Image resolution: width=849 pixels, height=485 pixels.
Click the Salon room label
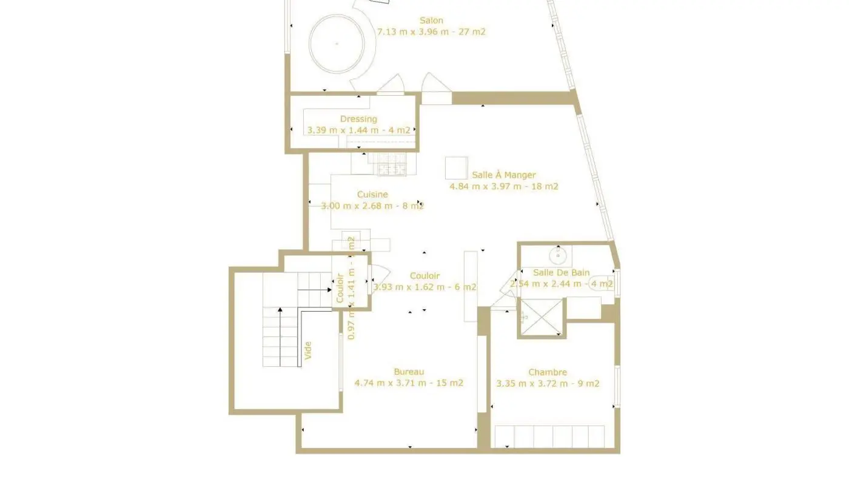click(x=431, y=21)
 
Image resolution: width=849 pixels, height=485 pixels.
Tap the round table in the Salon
click(x=337, y=43)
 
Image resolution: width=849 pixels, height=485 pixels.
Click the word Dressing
click(x=358, y=119)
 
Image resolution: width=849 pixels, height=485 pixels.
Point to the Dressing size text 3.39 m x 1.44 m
click(x=358, y=130)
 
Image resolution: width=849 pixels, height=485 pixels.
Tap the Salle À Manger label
click(x=503, y=175)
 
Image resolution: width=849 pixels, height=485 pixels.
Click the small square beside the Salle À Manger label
click(x=456, y=168)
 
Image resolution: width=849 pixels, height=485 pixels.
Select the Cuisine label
click(x=372, y=195)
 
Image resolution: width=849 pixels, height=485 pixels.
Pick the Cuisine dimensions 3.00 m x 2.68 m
click(x=372, y=206)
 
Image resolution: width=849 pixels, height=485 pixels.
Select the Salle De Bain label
click(x=561, y=273)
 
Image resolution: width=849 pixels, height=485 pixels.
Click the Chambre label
click(x=548, y=372)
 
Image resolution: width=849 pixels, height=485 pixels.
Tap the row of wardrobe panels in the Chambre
click(x=550, y=436)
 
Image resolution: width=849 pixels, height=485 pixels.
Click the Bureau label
click(x=409, y=372)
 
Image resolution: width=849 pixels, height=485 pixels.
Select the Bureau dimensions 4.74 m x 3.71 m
click(x=409, y=383)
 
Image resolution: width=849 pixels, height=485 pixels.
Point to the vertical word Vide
click(x=307, y=351)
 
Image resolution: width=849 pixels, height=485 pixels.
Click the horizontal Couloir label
click(x=424, y=276)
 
